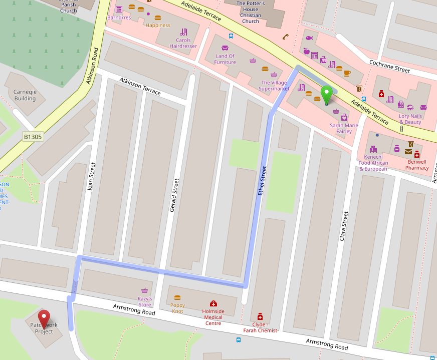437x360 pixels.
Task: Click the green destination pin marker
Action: coord(327,95)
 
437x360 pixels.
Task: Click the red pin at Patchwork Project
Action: coord(44,317)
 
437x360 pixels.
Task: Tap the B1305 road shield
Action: coord(33,136)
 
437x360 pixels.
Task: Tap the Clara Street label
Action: coord(343,226)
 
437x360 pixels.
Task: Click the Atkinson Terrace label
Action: coord(140,86)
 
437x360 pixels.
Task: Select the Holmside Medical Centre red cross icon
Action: coord(213,303)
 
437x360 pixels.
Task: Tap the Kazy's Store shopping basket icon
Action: coord(145,290)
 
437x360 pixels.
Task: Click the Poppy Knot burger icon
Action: coord(177,297)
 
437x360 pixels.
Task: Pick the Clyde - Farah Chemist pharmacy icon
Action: coord(260,316)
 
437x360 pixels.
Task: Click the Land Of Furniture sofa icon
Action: coord(225,48)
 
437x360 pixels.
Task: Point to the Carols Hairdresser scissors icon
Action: coord(183,32)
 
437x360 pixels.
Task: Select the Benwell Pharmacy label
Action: coord(417,165)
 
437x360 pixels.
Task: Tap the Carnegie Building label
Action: coord(25,95)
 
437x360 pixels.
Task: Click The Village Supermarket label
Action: coord(274,86)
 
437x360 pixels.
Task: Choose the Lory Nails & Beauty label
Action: coord(410,119)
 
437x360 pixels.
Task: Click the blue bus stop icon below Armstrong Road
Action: coord(238,340)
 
